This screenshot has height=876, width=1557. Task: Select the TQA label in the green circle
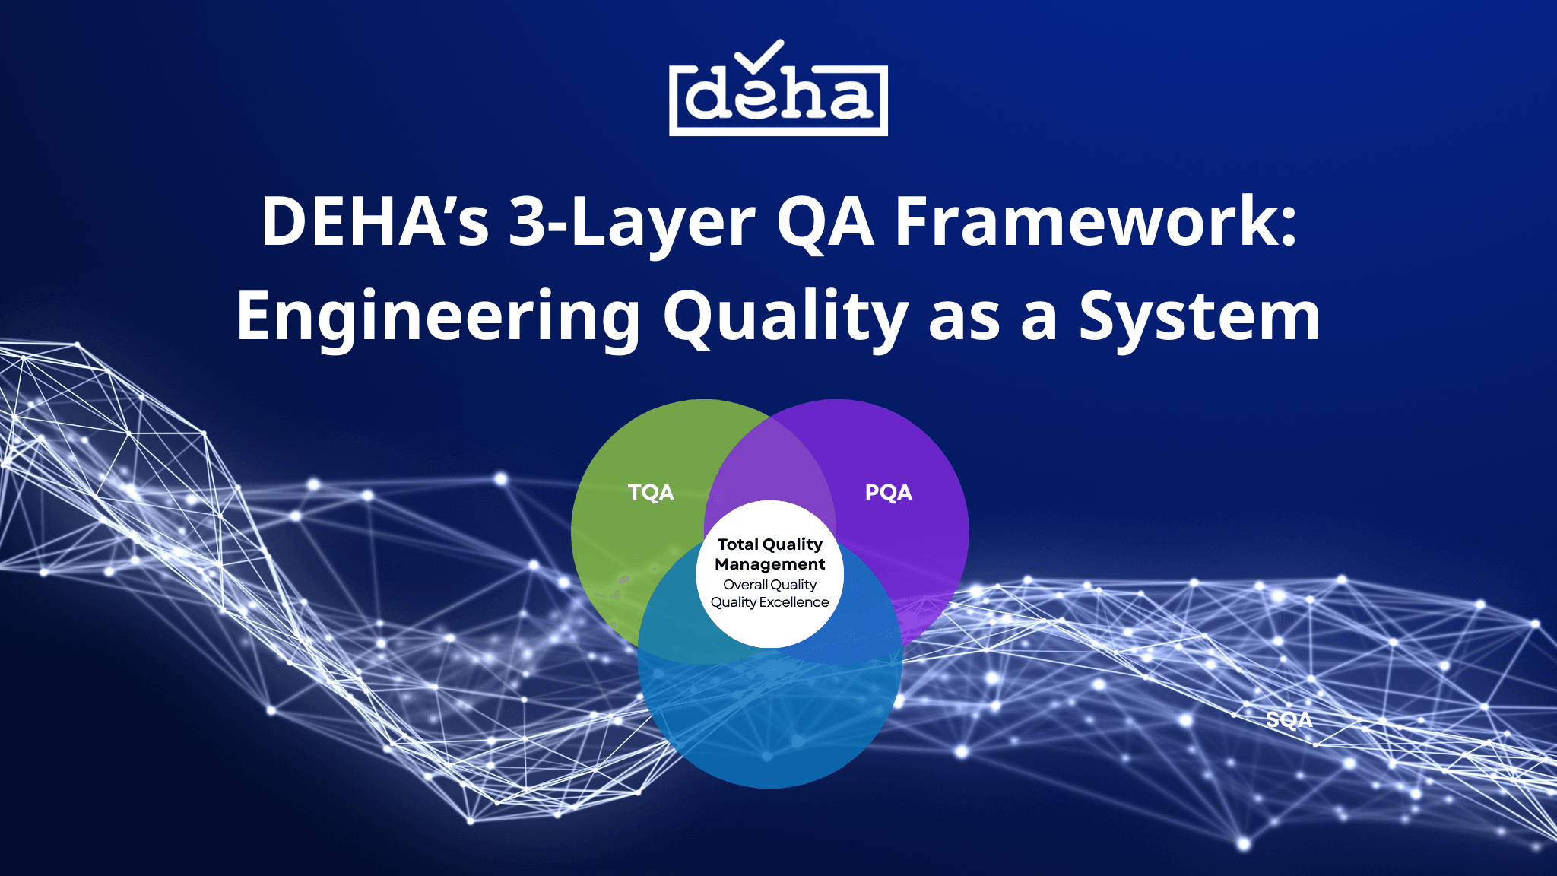pos(651,492)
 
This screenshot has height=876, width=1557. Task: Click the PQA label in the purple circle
pos(888,492)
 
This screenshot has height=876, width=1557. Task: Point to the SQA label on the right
pos(1289,719)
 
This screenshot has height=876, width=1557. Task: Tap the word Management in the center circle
pos(769,564)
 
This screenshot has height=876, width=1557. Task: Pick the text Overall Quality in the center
pos(769,585)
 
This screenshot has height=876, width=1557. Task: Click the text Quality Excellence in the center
pos(769,602)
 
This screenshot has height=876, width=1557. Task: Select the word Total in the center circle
pos(737,544)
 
